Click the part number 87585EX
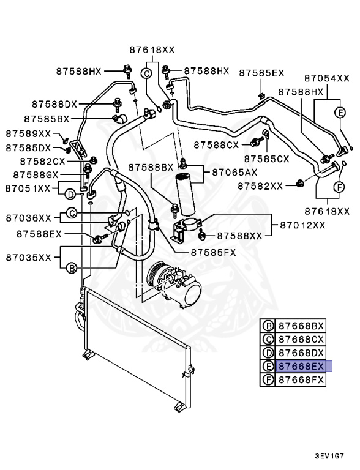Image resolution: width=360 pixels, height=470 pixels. click(261, 73)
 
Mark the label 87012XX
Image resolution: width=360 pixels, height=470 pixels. click(302, 225)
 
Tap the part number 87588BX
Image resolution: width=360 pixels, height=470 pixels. click(151, 167)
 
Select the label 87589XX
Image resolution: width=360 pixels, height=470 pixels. click(29, 133)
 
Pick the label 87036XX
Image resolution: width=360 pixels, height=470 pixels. click(29, 217)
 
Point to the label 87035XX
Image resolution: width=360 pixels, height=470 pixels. click(29, 258)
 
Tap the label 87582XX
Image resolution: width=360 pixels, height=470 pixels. click(260, 185)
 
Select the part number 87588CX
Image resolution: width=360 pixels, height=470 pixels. click(217, 144)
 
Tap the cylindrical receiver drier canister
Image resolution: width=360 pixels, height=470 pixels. click(184, 190)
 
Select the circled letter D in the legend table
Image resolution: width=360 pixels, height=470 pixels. click(267, 352)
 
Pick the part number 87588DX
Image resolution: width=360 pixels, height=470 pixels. click(56, 104)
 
